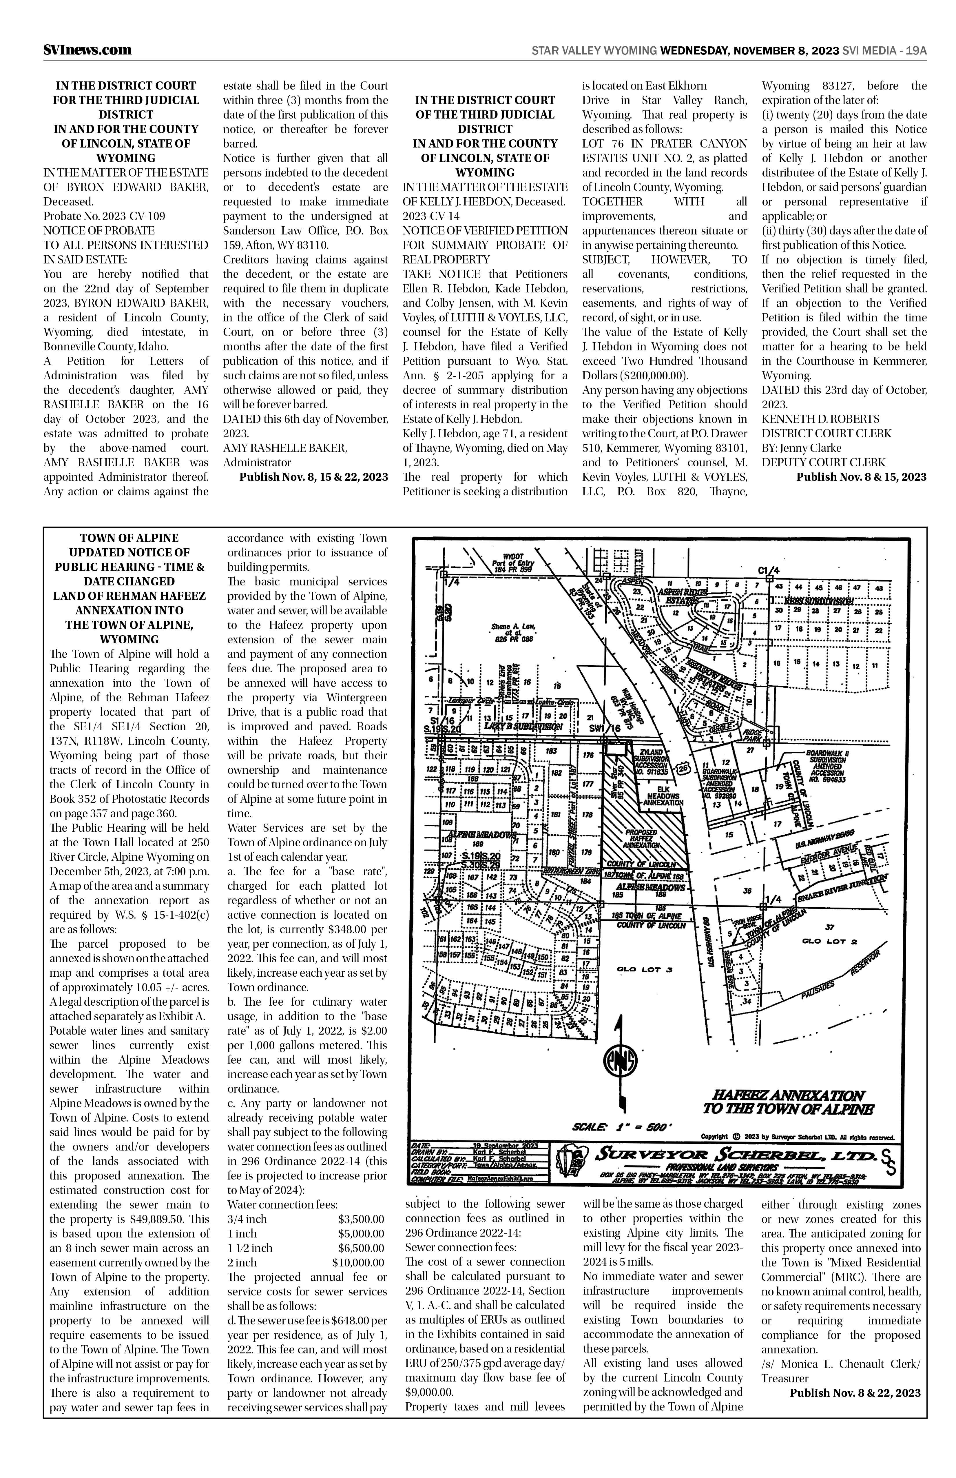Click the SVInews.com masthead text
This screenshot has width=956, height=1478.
[87, 50]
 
